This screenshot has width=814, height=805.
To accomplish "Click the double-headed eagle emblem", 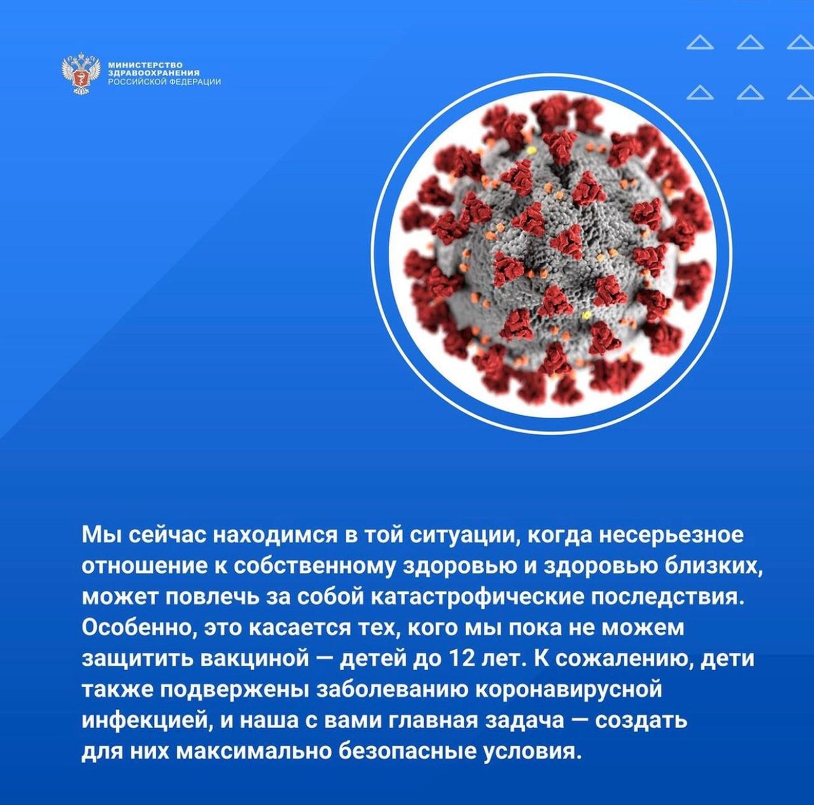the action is pos(81,73).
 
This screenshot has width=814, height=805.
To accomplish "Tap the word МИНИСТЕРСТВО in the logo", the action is pos(145,65).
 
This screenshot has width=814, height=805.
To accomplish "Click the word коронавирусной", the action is pos(568,691).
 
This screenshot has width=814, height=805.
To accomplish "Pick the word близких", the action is pos(712,567).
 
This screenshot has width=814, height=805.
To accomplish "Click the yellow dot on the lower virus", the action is pos(586,315).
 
